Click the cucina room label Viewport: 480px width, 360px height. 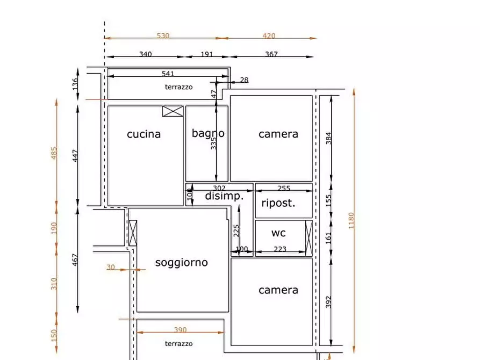pos(144,134)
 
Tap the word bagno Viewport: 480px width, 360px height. pos(208,133)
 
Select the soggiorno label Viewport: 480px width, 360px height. pos(181,262)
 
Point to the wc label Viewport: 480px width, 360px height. pos(278,233)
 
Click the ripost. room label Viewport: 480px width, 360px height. pos(278,203)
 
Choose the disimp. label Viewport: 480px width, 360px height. pos(224,196)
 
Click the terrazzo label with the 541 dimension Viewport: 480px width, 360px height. pos(178,87)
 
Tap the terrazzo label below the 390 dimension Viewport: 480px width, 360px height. pos(178,344)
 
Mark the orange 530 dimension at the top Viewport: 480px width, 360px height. pos(163,36)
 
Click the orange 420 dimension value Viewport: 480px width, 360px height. pos(269,36)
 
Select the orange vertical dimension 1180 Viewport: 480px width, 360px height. pos(352,220)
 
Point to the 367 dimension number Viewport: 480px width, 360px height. pos(271,54)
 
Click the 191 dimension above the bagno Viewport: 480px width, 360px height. pos(206,54)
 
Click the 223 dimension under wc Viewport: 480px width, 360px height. pos(280,249)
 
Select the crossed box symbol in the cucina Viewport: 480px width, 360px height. pos(173,111)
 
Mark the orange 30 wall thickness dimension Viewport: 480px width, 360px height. pos(111,267)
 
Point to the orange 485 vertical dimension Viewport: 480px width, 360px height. pos(53,153)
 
